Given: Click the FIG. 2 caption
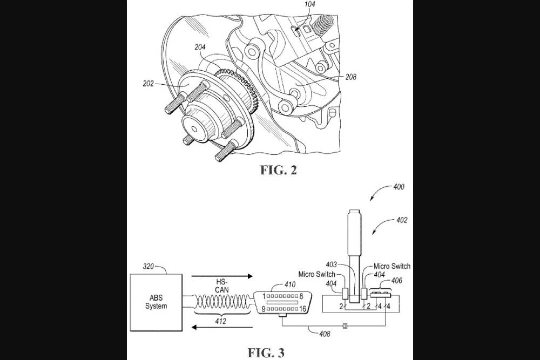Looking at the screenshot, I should [279, 171].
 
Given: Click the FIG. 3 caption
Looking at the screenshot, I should [266, 352].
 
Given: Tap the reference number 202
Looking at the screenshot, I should [148, 84].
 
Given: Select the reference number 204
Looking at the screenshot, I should [200, 47].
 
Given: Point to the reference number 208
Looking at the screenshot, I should [350, 77].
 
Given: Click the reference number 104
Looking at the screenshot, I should [310, 4].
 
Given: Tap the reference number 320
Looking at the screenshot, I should [150, 266].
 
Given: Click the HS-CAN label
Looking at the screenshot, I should [219, 286].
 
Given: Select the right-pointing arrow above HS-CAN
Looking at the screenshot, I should [218, 276].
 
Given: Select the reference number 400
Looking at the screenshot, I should [399, 187].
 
